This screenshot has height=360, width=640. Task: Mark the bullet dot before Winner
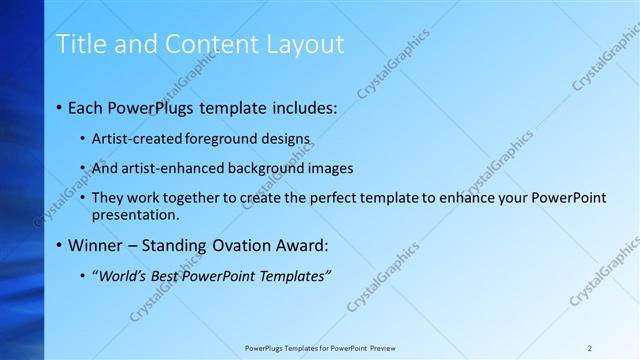(60, 245)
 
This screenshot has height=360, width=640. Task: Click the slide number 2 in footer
(589, 347)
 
